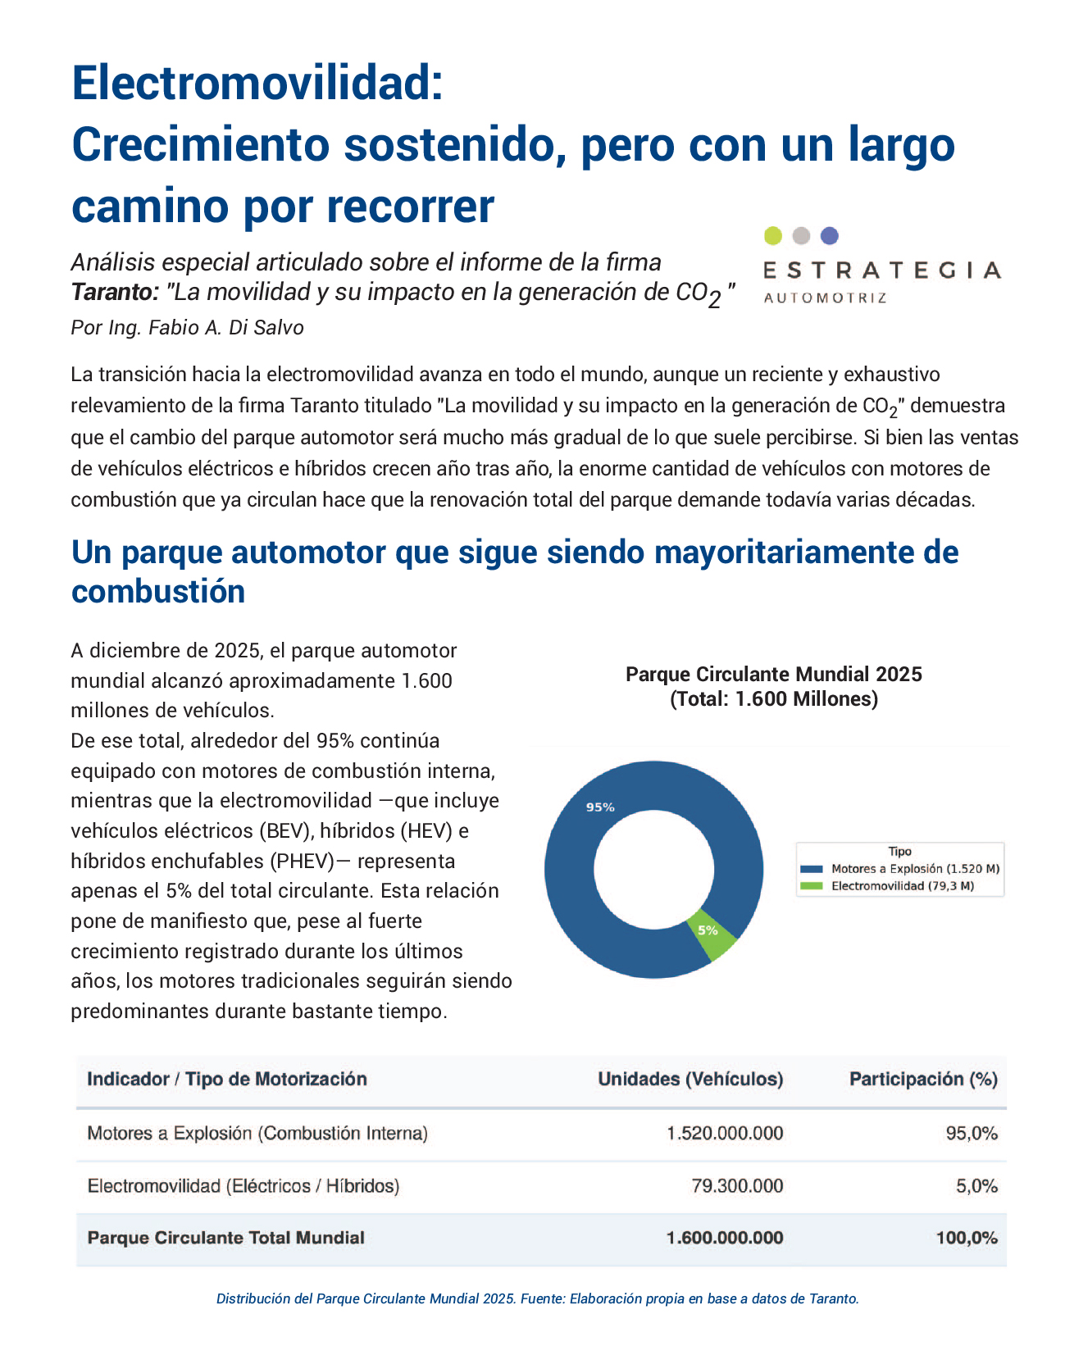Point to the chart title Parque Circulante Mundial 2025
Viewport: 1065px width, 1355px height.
click(774, 674)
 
